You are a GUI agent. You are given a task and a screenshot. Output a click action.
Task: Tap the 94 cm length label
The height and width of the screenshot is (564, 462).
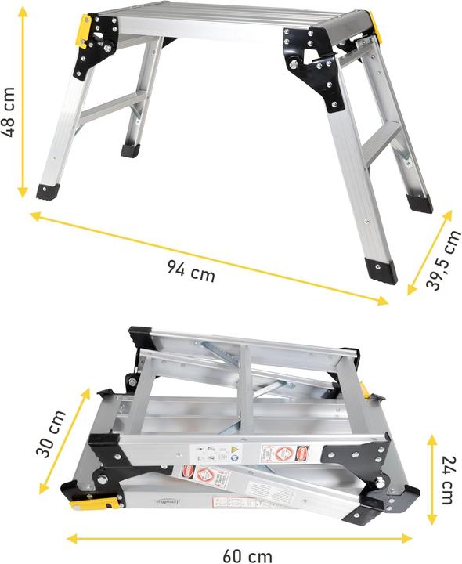[x=190, y=270]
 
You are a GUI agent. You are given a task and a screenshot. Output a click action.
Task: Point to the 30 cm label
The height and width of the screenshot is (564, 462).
[x=49, y=436]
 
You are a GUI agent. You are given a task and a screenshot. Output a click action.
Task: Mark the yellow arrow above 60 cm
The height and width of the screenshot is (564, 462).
[x=239, y=539]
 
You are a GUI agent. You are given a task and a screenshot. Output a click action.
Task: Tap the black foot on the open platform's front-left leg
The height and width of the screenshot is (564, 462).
[x=46, y=191]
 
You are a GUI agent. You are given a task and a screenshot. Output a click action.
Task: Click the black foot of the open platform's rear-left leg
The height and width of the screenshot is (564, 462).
[x=130, y=149]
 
